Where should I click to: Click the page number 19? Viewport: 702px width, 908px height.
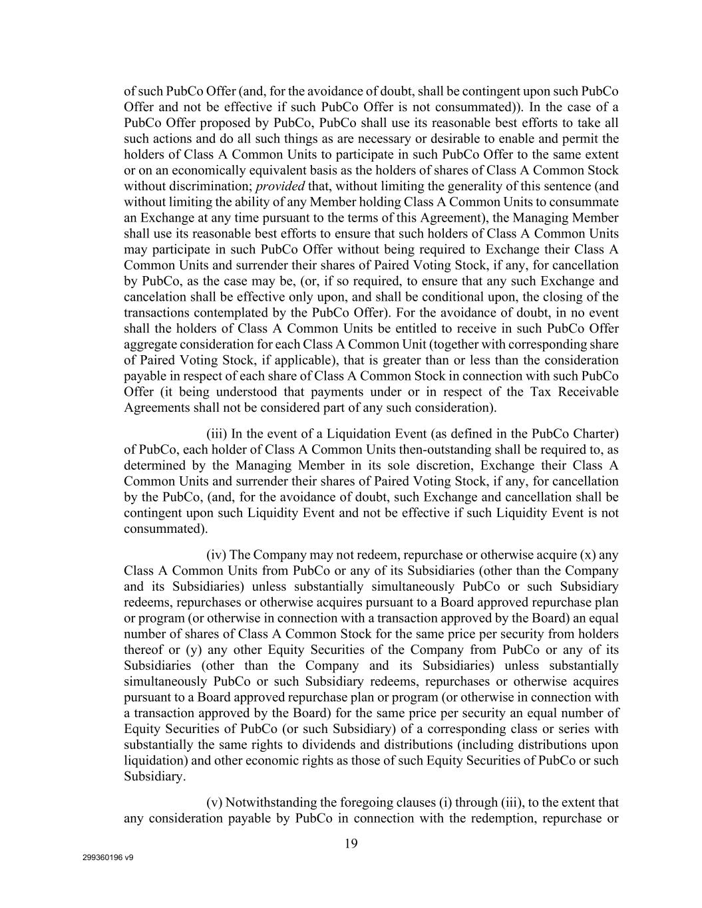tap(351, 844)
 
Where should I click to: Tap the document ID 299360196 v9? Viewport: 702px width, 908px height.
tap(108, 857)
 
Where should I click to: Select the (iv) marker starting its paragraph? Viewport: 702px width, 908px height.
tap(217, 555)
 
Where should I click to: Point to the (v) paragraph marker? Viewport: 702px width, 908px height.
tap(214, 802)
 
